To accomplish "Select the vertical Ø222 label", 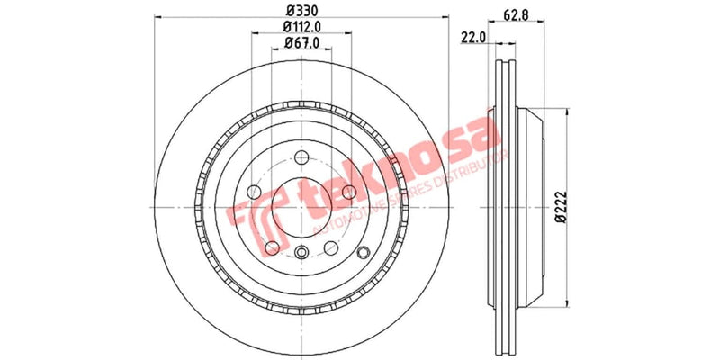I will click(560, 207).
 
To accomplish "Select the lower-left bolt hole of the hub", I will click(272, 247).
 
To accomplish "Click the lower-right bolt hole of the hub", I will click(332, 247).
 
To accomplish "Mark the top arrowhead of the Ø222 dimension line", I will click(565, 114).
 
